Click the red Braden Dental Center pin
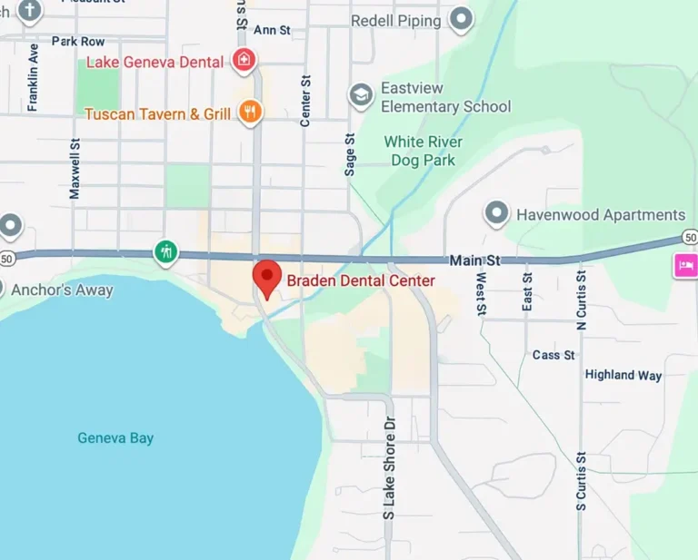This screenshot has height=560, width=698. (x=266, y=276)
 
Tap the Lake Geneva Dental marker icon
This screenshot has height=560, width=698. (x=244, y=61)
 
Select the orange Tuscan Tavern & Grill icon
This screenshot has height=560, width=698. (x=249, y=113)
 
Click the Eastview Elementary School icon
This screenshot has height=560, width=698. (x=361, y=95)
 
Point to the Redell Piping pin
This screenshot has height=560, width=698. (x=463, y=19)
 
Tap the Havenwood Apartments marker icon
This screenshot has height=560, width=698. (x=496, y=214)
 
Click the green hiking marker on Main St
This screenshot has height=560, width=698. (x=165, y=251)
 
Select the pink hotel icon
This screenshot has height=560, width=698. (x=684, y=265)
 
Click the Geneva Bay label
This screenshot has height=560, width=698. (x=115, y=438)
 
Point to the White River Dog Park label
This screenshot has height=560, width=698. (x=423, y=151)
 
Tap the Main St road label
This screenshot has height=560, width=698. (x=474, y=260)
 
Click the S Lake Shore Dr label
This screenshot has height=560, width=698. (x=389, y=468)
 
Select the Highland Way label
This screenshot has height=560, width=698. (x=623, y=375)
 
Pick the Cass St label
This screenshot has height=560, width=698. (x=553, y=355)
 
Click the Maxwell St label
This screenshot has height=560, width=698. (x=75, y=168)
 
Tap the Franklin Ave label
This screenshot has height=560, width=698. (x=34, y=77)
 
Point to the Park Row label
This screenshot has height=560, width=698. (x=78, y=42)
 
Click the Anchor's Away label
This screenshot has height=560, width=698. (x=62, y=290)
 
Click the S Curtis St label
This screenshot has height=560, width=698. (x=581, y=480)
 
